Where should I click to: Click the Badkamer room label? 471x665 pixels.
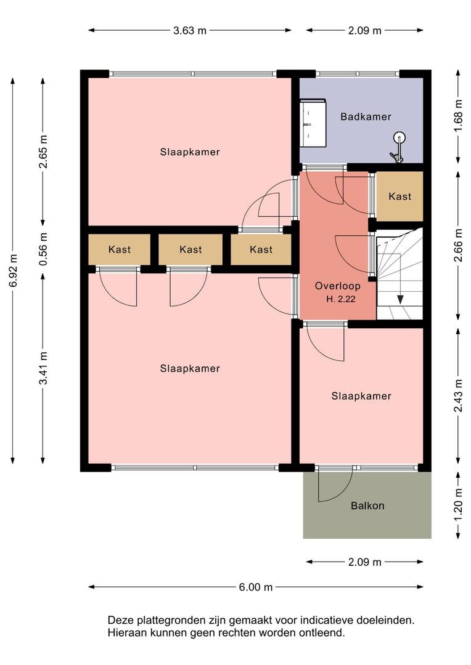pyautogui.click(x=366, y=116)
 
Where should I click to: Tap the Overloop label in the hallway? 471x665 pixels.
pyautogui.click(x=338, y=286)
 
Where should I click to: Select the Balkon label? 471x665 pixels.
pyautogui.click(x=367, y=506)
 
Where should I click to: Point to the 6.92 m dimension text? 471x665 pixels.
pyautogui.click(x=13, y=270)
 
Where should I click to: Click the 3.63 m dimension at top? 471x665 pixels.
pyautogui.click(x=190, y=31)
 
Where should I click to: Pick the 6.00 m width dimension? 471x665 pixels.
pyautogui.click(x=256, y=587)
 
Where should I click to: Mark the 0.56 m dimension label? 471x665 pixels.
pyautogui.click(x=43, y=249)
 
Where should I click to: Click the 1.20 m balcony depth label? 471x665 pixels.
pyautogui.click(x=458, y=506)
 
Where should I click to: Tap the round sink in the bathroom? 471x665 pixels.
pyautogui.click(x=399, y=137)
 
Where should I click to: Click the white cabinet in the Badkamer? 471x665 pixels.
pyautogui.click(x=313, y=123)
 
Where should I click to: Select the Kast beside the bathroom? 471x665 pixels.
pyautogui.click(x=399, y=196)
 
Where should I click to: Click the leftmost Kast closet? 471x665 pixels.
pyautogui.click(x=120, y=249)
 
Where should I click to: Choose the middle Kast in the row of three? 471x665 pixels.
pyautogui.click(x=190, y=249)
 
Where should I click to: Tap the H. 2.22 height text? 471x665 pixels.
pyautogui.click(x=341, y=299)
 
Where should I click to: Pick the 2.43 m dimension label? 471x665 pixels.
pyautogui.click(x=458, y=396)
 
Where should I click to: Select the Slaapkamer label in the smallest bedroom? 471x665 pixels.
pyautogui.click(x=361, y=396)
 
